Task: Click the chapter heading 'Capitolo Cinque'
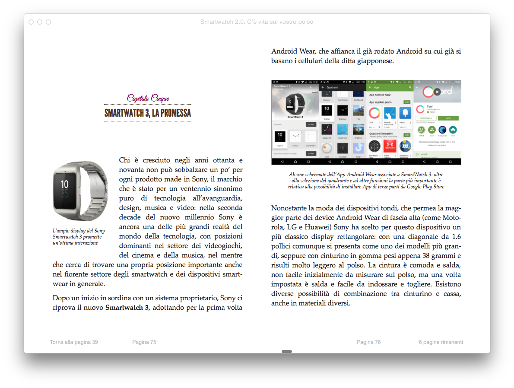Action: (x=148, y=99)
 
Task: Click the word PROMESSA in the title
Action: (x=171, y=113)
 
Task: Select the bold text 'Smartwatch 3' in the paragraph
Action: (x=127, y=308)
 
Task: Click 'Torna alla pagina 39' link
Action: (x=74, y=342)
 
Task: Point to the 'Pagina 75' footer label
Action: (x=144, y=342)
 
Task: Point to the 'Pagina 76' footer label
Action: (x=368, y=342)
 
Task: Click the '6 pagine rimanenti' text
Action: (x=441, y=342)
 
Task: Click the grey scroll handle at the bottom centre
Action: (x=287, y=351)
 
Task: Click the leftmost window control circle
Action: (x=31, y=22)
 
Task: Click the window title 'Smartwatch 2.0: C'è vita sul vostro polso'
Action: (x=257, y=22)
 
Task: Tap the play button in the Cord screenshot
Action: (x=437, y=92)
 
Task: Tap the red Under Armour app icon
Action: (x=389, y=146)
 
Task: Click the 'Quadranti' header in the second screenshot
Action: (x=333, y=87)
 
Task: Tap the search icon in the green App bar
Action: (x=410, y=87)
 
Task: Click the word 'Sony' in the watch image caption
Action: (x=99, y=231)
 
